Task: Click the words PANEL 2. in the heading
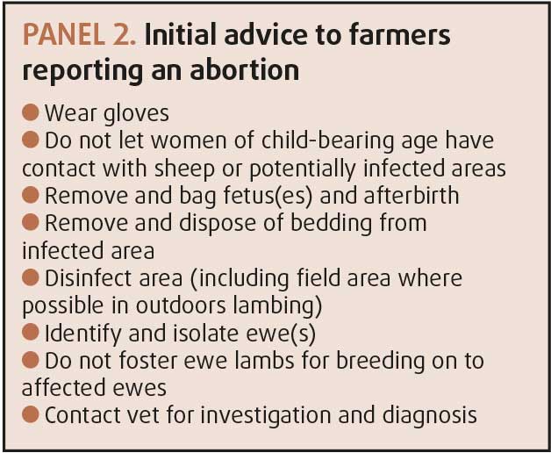click(79, 35)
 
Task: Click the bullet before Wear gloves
click(31, 112)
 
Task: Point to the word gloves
click(136, 114)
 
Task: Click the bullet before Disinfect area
click(31, 277)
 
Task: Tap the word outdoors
click(181, 306)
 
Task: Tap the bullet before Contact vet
click(31, 414)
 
